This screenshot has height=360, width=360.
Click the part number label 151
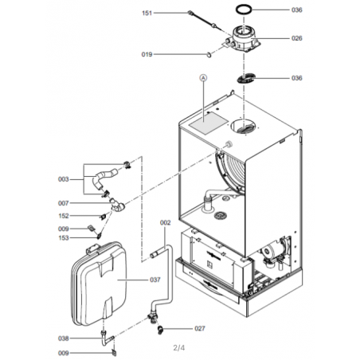point(147,13)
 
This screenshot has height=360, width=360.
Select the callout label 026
point(297,38)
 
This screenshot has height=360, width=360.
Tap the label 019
point(147,54)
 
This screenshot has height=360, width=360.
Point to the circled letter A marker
point(203,78)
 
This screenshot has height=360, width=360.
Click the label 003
point(64,179)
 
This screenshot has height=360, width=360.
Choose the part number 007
point(64,203)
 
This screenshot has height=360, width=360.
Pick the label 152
point(64,216)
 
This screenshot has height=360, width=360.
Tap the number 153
point(64,238)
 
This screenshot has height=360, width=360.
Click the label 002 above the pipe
point(165,223)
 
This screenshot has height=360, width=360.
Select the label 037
point(155,280)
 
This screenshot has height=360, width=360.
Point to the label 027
point(200,329)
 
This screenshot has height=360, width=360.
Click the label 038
point(64,338)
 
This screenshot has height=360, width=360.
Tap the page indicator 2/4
point(179,347)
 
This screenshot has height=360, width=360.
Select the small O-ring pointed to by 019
point(209,55)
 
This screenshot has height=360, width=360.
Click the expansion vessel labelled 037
point(99,284)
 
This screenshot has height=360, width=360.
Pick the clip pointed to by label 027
point(160,330)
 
